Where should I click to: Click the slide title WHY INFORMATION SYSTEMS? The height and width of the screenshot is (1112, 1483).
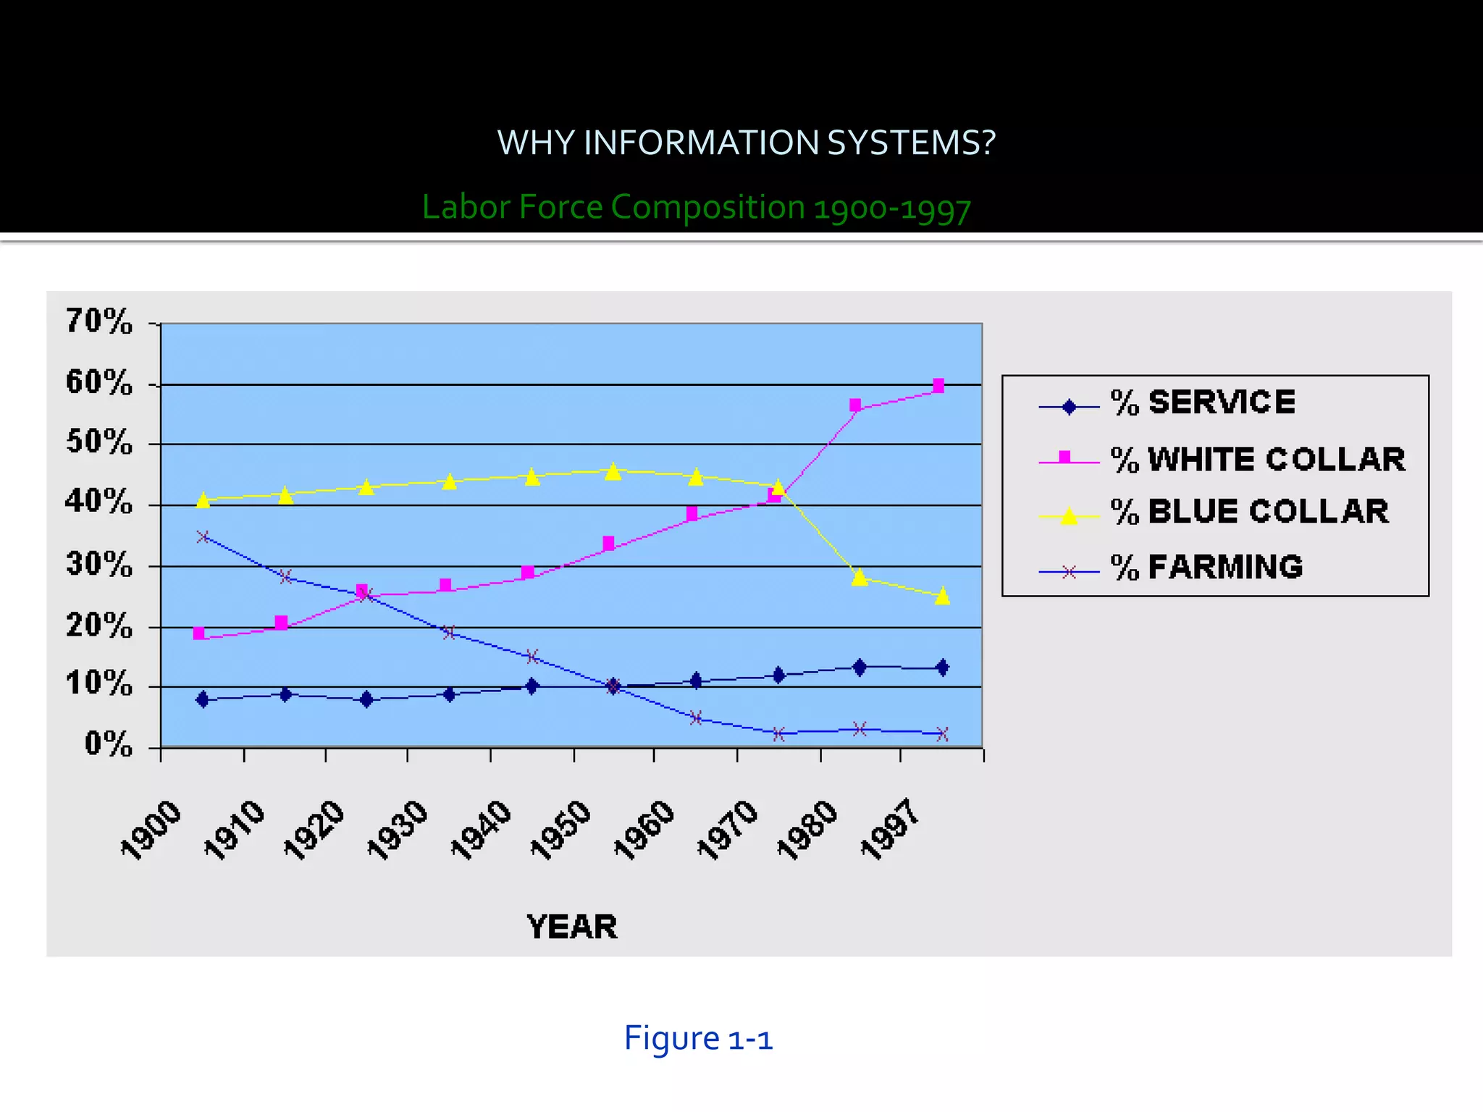[x=746, y=143]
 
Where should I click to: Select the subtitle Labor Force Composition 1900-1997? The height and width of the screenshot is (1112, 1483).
[x=696, y=207]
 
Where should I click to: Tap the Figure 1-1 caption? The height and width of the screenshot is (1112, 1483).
[x=698, y=1038]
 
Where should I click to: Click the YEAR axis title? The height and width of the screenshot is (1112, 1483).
[x=572, y=927]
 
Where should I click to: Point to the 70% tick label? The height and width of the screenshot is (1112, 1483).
[x=99, y=321]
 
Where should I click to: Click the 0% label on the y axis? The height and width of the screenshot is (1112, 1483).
[x=109, y=744]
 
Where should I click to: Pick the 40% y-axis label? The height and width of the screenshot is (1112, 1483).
[x=99, y=501]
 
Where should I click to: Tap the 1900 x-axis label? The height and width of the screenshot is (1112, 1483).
[x=151, y=830]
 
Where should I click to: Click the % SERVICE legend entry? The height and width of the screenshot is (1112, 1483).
[x=1203, y=403]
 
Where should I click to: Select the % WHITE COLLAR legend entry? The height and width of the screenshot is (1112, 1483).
[x=1258, y=460]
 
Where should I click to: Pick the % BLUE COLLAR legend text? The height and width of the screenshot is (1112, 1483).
[x=1249, y=512]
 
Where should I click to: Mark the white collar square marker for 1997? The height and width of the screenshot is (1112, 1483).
[x=938, y=386]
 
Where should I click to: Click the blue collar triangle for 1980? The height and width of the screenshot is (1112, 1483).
[x=860, y=577]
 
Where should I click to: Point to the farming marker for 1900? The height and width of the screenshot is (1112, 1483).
[x=203, y=537]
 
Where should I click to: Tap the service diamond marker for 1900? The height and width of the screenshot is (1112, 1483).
[x=203, y=699]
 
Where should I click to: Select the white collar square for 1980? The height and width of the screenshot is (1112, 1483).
[x=855, y=405]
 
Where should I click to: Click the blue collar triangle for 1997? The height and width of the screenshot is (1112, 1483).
[x=942, y=596]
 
